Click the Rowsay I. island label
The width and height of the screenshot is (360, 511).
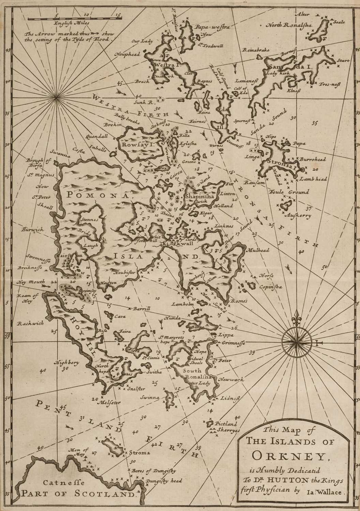pos(135,144)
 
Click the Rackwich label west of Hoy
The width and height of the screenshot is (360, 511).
pos(31,323)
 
